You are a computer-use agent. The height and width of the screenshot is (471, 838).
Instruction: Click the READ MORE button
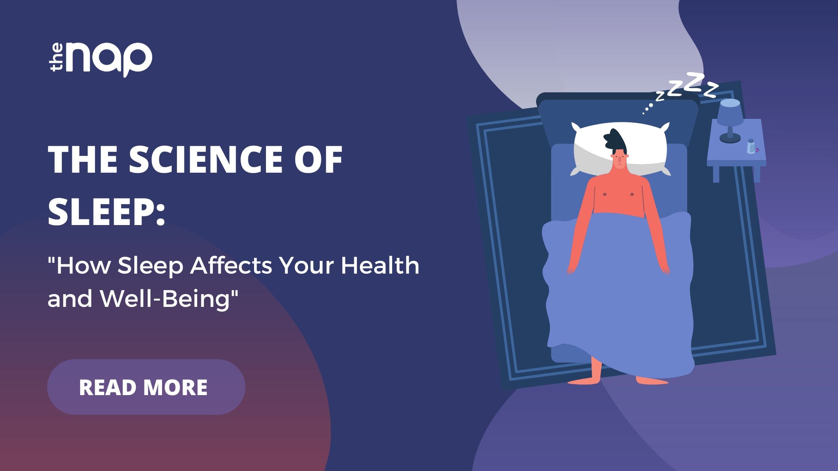(x=146, y=387)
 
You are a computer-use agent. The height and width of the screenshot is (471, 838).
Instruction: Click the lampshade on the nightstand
(x=730, y=113)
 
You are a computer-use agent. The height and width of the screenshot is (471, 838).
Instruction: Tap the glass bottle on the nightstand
(x=751, y=146)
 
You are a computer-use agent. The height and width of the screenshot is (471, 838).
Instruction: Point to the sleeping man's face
(x=620, y=161)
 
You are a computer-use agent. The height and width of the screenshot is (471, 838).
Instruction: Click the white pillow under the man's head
(x=620, y=148)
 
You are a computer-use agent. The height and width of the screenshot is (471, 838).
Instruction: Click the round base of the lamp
(x=730, y=139)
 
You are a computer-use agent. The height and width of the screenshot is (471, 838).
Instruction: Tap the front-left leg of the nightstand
(x=716, y=174)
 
